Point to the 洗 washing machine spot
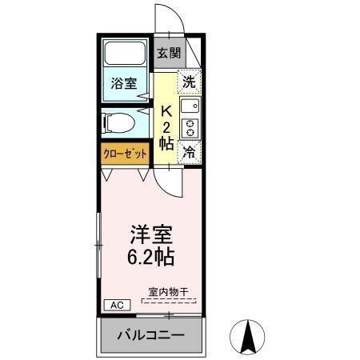tap(189, 81)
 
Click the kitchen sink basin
tap(190, 106)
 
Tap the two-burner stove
tap(190, 127)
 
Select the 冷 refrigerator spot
tap(189, 150)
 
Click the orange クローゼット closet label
tap(125, 153)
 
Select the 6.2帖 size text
tap(152, 259)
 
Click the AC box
tap(115, 306)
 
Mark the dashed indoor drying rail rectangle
tap(168, 302)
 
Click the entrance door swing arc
tap(166, 18)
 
